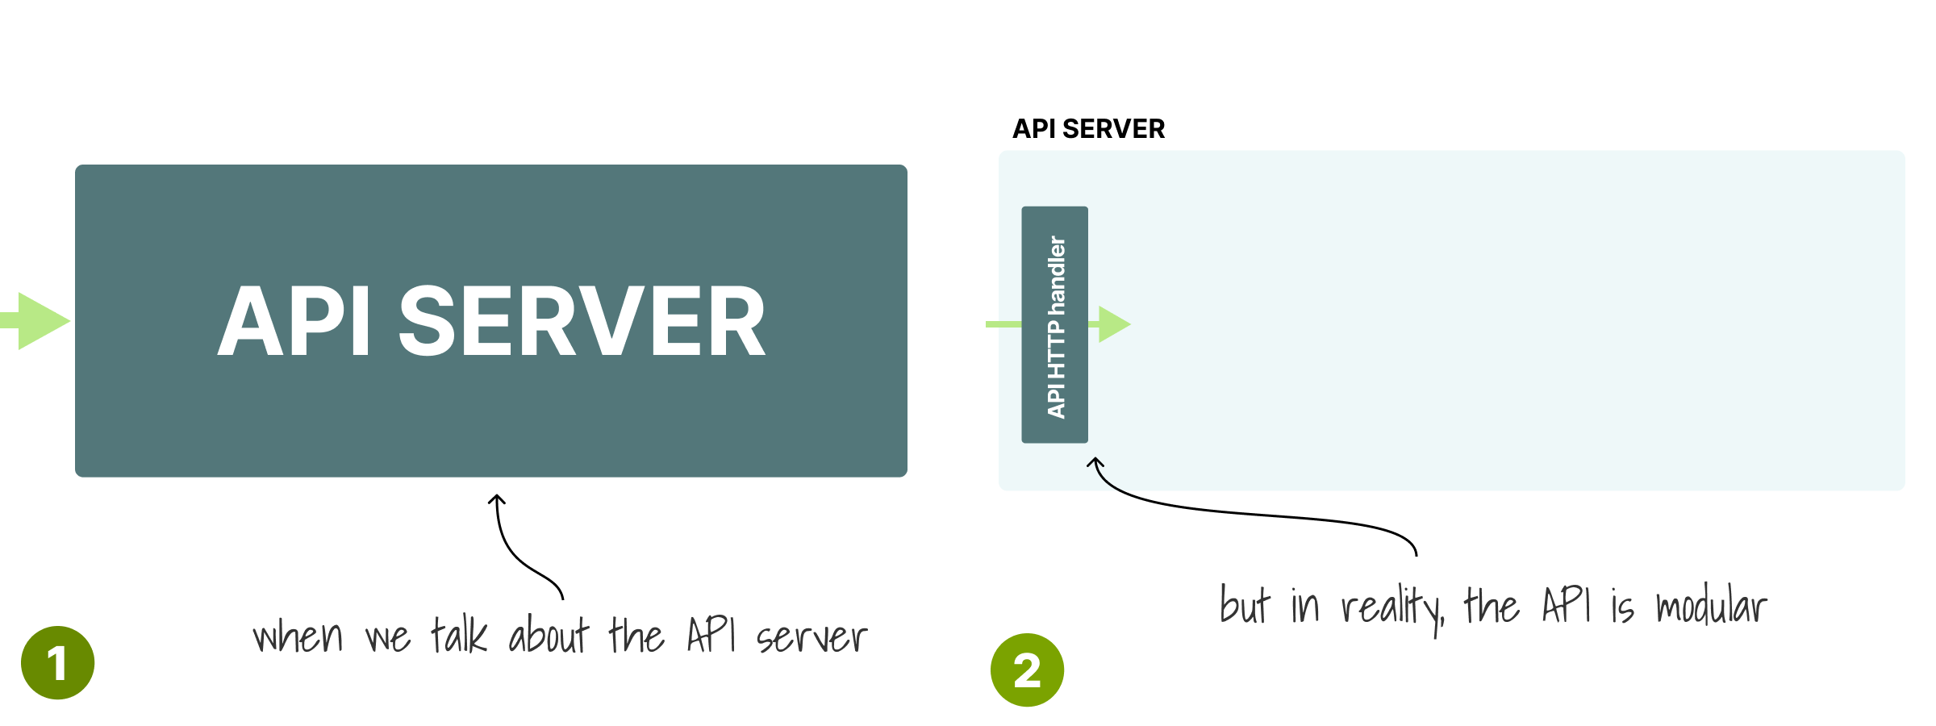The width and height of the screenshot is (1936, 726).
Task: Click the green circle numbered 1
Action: tap(57, 662)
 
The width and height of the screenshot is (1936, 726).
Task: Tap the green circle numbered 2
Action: tap(1027, 670)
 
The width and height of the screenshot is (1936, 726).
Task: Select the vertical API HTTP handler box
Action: tap(1054, 324)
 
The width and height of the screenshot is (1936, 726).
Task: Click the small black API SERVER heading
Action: tap(1088, 129)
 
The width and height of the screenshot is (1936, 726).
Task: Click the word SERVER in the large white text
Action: tap(582, 321)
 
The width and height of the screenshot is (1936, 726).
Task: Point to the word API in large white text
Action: tap(294, 321)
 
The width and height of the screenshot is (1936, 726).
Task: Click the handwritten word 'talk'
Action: tap(459, 634)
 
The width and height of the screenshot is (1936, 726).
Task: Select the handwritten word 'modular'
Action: tap(1711, 605)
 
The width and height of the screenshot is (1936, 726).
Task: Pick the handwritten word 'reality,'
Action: tap(1392, 610)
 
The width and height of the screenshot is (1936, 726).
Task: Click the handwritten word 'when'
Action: tap(298, 636)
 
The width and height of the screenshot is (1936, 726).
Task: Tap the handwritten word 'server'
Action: tap(812, 638)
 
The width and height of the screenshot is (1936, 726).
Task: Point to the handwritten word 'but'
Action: tap(1245, 605)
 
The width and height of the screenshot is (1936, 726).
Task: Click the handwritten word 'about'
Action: tap(549, 634)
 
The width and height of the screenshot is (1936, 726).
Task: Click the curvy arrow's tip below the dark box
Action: tap(498, 495)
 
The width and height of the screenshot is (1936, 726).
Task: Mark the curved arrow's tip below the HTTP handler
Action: tap(1095, 458)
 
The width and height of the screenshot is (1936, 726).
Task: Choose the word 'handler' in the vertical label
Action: tap(1056, 275)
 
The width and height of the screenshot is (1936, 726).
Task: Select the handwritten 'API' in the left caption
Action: tap(711, 634)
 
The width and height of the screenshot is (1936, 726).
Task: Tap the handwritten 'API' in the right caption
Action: tap(1567, 604)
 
